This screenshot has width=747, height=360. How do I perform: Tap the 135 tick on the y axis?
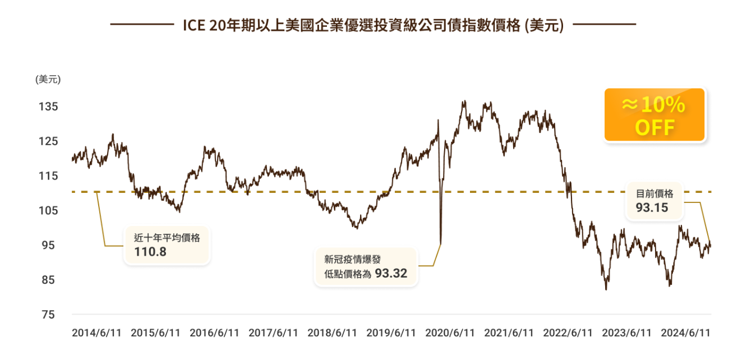(48, 107)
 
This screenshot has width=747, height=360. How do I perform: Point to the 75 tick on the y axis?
(48, 315)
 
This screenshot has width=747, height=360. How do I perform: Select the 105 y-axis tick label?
(48, 211)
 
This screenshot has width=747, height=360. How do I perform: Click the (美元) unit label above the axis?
(48, 80)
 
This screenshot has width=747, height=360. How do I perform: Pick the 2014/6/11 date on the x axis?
(96, 333)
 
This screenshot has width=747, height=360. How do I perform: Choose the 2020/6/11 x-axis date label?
(450, 333)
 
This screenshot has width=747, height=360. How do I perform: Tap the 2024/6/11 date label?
(685, 333)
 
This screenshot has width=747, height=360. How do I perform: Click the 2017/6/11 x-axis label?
(273, 333)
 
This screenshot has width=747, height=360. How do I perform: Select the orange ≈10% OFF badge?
(654, 115)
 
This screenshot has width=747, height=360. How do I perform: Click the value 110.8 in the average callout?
(150, 252)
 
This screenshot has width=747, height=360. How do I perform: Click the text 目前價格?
(654, 193)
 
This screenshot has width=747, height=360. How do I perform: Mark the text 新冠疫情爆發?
(353, 259)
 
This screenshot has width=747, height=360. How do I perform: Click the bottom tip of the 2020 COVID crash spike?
(440, 244)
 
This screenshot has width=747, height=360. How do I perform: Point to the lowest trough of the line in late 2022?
(606, 289)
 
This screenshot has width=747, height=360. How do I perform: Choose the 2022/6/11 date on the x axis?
(568, 333)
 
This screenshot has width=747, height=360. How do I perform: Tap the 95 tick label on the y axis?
(48, 246)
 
